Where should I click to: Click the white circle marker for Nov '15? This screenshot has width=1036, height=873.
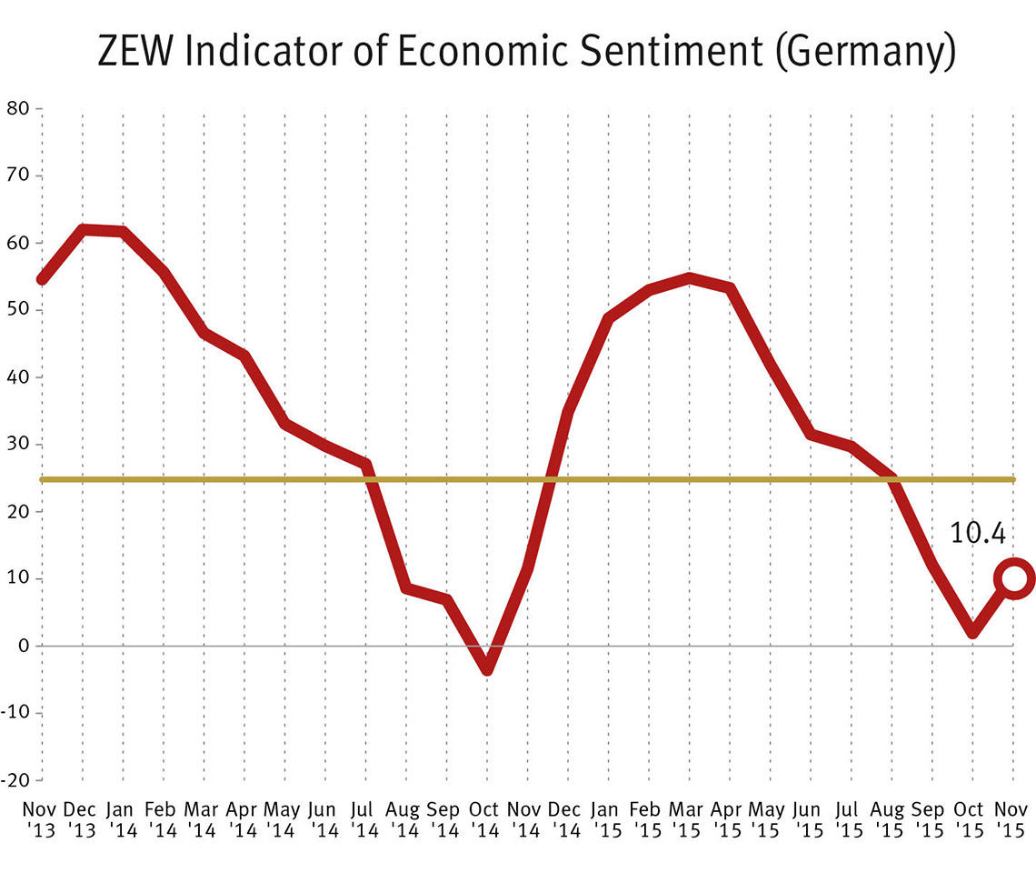pyautogui.click(x=1014, y=577)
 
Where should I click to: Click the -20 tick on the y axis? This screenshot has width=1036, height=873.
pyautogui.click(x=16, y=779)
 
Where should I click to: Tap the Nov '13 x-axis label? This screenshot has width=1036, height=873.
pyautogui.click(x=40, y=818)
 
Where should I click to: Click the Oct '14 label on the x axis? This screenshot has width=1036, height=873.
pyautogui.click(x=486, y=818)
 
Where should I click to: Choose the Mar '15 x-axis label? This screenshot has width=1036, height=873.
pyautogui.click(x=689, y=818)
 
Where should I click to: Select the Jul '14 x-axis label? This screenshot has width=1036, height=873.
pyautogui.click(x=365, y=818)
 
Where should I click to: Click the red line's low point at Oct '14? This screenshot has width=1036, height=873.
pyautogui.click(x=487, y=667)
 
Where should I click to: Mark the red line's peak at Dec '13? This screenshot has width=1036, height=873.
pyautogui.click(x=83, y=229)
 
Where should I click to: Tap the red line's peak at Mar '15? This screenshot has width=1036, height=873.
pyautogui.click(x=690, y=277)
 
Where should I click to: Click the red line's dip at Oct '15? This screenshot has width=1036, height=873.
pyautogui.click(x=972, y=630)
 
